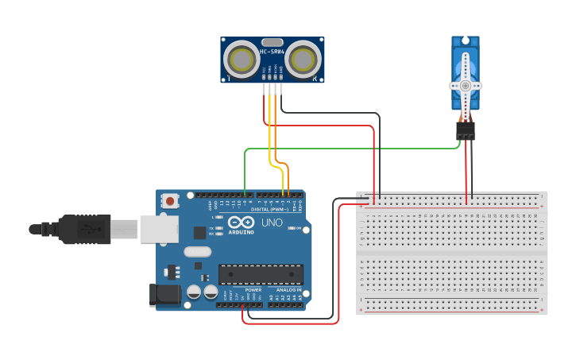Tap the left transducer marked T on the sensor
(240, 59)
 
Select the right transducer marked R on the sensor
(303, 59)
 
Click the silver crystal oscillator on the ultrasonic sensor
(272, 42)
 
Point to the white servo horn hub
(465, 85)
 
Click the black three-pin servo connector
(466, 130)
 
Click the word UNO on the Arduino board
(273, 222)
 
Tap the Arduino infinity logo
(241, 223)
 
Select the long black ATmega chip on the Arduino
(261, 274)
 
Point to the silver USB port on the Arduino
(160, 228)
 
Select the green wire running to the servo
(350, 148)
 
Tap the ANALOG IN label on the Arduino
(288, 290)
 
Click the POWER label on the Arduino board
(253, 290)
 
